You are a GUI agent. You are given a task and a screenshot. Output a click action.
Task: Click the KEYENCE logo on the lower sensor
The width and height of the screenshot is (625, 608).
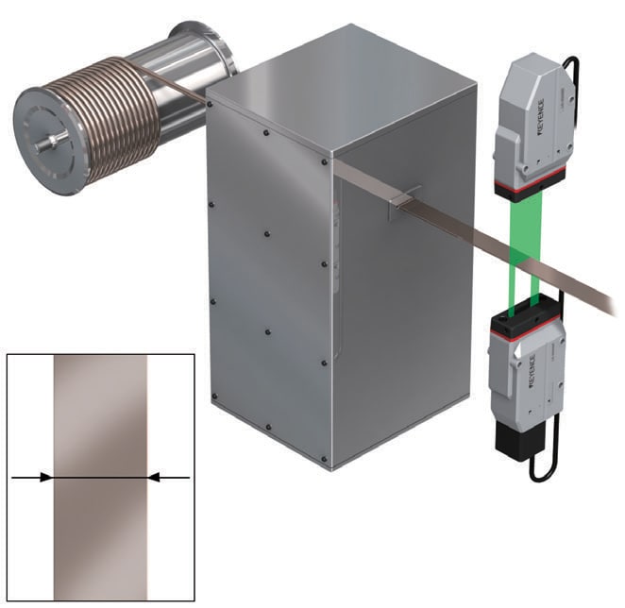click(532, 372)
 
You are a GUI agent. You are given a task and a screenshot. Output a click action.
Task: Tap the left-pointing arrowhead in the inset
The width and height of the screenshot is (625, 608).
click(154, 477)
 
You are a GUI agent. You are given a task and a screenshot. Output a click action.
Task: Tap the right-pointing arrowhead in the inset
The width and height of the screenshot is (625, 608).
click(46, 477)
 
